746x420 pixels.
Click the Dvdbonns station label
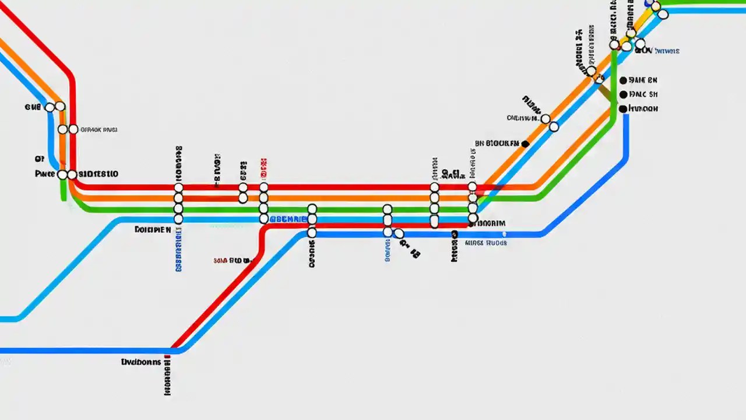pos(140,362)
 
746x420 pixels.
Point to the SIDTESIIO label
pos(98,174)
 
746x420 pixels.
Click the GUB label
pos(33,107)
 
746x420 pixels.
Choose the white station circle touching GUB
pos(50,107)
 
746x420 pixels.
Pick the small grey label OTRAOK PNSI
pos(98,130)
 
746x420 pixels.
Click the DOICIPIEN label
pos(153,230)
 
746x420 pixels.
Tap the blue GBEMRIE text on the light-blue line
pos(287,219)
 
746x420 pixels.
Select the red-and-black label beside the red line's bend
pos(231,260)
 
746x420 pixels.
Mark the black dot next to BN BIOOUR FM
pos(526,143)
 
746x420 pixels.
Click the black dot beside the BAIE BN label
pos(623,80)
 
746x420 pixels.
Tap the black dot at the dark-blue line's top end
pos(623,108)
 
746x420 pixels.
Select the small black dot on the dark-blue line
pos(454,235)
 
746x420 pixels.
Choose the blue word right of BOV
pos(667,51)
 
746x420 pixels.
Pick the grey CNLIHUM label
pos(523,118)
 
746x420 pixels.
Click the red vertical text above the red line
pos(263,169)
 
